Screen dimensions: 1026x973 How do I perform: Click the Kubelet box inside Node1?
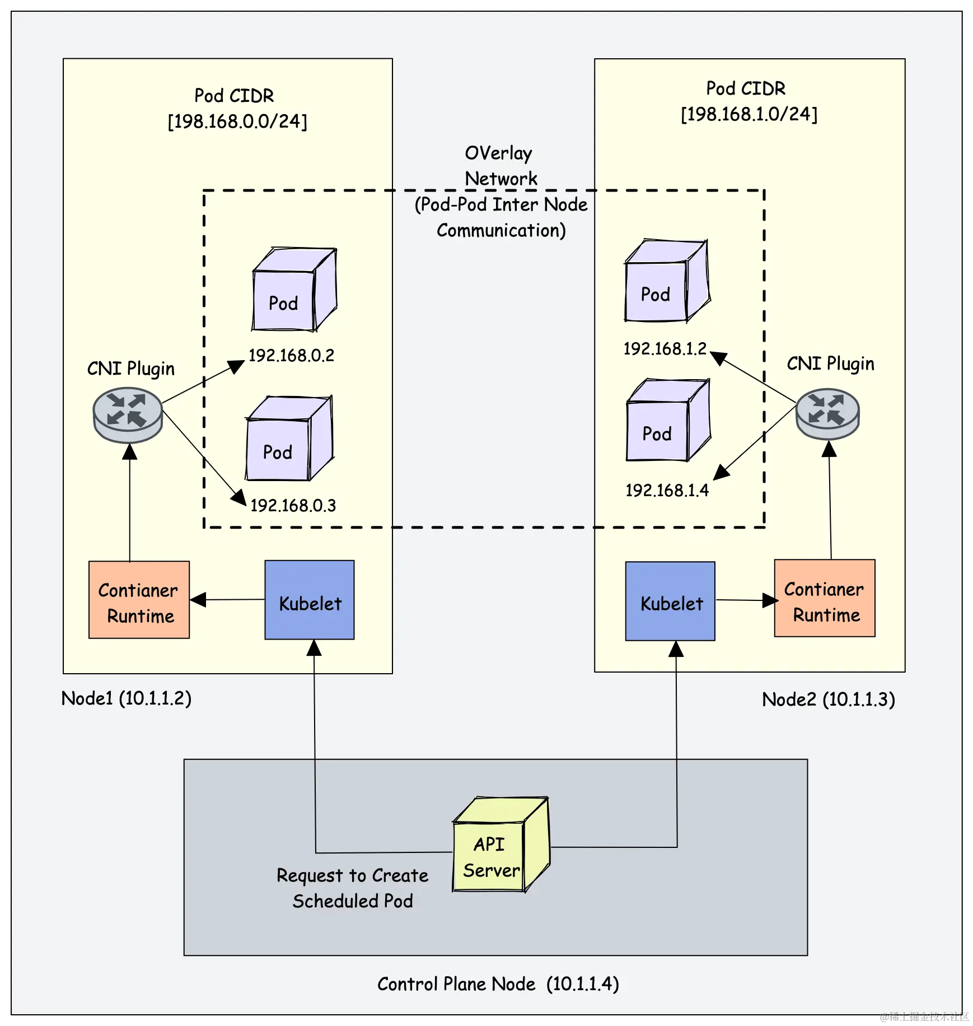coord(309,600)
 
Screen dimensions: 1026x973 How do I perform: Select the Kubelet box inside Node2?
coord(670,601)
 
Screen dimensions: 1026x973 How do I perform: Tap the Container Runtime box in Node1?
coord(139,600)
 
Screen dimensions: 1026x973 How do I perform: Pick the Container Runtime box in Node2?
coord(825,598)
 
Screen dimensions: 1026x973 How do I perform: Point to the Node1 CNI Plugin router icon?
coord(128,416)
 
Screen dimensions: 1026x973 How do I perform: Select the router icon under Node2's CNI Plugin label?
coord(827,414)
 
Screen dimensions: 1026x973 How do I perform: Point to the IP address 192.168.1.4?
coord(667,491)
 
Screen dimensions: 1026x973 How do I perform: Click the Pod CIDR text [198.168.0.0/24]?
coord(237,122)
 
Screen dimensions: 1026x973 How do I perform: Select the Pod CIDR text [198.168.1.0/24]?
coord(749,114)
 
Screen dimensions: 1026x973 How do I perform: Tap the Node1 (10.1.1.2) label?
coord(127,698)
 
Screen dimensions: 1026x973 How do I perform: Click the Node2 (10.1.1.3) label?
coord(829,699)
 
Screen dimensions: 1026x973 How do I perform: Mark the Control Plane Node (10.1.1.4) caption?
coord(498,984)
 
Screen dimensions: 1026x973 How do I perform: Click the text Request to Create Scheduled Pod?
coord(353,888)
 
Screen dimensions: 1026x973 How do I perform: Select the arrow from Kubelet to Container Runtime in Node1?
coord(227,600)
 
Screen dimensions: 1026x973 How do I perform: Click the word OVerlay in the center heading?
coord(498,153)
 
